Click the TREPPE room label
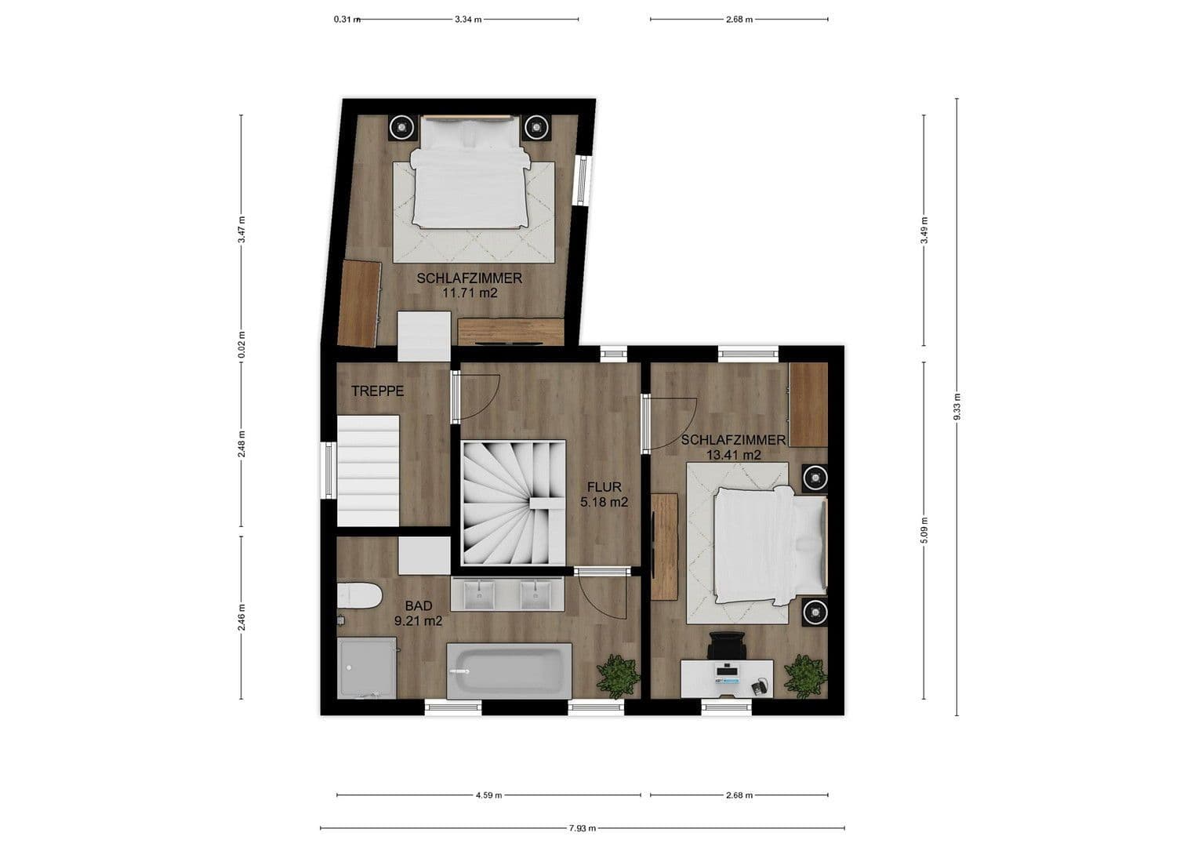click(x=377, y=391)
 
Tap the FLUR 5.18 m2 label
click(x=604, y=495)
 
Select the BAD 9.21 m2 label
click(x=419, y=613)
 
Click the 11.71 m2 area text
click(x=470, y=293)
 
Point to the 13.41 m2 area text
click(x=734, y=454)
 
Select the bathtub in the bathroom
click(x=509, y=671)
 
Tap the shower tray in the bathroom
click(x=367, y=667)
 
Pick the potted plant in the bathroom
click(x=619, y=674)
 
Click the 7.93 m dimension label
click(x=582, y=827)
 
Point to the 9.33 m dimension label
click(x=957, y=406)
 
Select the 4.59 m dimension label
click(x=488, y=795)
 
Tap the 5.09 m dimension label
click(x=924, y=530)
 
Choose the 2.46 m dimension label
click(x=241, y=617)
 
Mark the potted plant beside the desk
click(x=805, y=673)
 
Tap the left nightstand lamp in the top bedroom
click(x=401, y=125)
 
